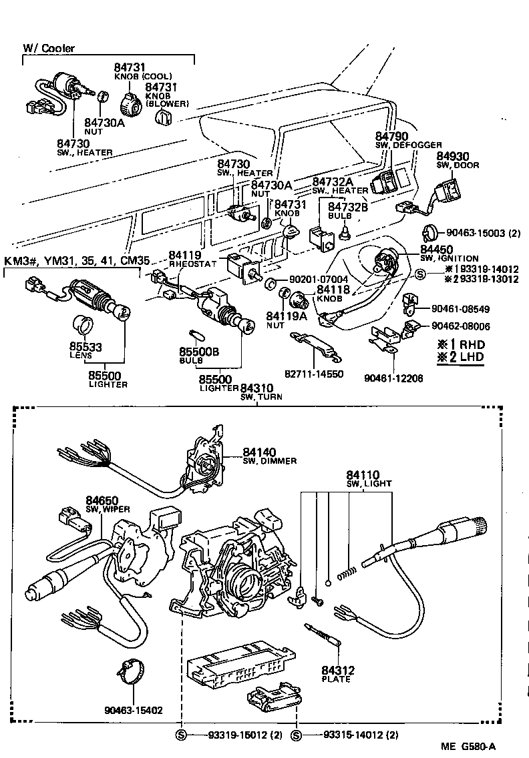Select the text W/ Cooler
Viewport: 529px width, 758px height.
point(49,48)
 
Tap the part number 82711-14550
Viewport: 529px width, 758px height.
point(318,374)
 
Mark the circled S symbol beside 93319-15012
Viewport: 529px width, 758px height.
point(181,735)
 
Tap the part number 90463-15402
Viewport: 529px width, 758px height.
point(134,710)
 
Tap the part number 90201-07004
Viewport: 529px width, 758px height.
point(319,279)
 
